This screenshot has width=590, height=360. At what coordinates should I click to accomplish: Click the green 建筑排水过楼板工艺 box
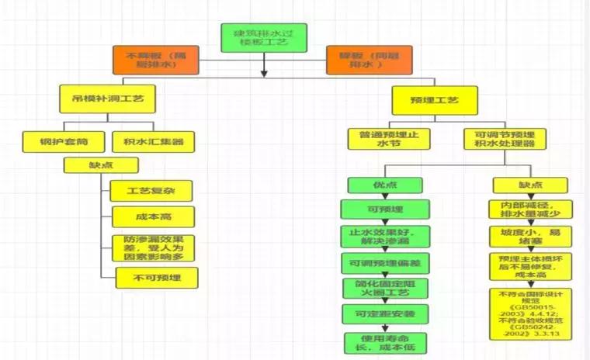tap(264, 37)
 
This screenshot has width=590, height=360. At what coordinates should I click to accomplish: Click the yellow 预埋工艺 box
tap(434, 100)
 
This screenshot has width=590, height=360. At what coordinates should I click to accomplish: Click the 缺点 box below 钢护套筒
tap(102, 164)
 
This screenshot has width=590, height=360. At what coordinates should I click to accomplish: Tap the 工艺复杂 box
tap(151, 191)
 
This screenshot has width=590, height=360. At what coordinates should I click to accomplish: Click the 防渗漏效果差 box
tap(152, 247)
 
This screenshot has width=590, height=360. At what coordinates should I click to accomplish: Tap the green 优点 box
tap(385, 185)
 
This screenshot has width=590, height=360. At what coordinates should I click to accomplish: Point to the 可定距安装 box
tap(386, 313)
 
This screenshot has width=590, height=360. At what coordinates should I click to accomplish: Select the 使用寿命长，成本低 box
tap(386, 342)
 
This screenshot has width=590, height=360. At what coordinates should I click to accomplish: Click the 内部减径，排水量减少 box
tap(530, 208)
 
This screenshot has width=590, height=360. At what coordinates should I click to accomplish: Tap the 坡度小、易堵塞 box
tap(530, 236)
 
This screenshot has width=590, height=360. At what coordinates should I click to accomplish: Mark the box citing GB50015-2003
tap(530, 313)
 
